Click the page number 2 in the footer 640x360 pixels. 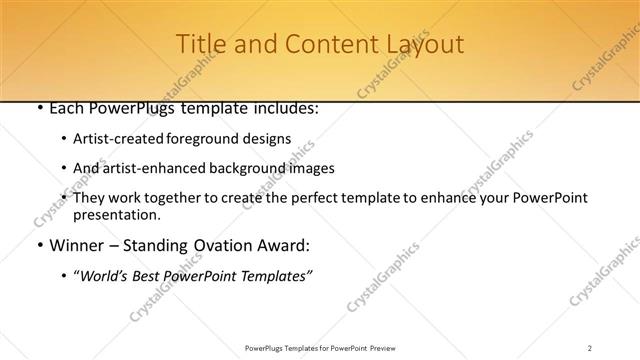click(x=590, y=348)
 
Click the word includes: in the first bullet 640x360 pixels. click(x=283, y=108)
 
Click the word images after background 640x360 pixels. click(x=309, y=168)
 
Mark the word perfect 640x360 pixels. click(x=308, y=198)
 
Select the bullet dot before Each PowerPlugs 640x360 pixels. click(x=37, y=109)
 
